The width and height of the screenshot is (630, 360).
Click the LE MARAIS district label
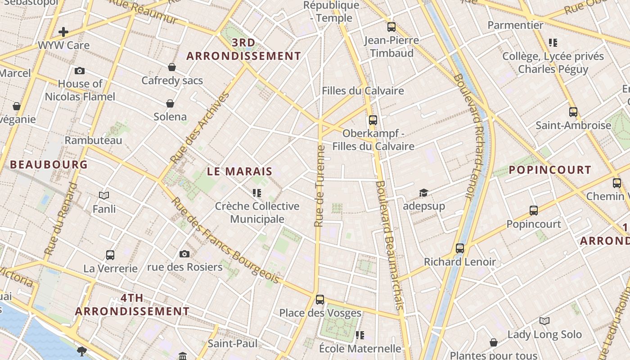[x=240, y=171]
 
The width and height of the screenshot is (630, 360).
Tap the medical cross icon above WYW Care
[x=63, y=32]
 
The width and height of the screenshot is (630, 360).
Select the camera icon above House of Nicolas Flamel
[x=80, y=71]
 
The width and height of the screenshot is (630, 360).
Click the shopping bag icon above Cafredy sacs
[x=172, y=67]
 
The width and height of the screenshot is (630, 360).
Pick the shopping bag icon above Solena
[x=170, y=104]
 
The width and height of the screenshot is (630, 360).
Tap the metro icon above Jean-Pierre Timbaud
[x=391, y=27]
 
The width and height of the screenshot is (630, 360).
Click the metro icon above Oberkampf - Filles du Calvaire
[x=373, y=120]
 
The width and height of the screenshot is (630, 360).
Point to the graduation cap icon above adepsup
[x=423, y=193]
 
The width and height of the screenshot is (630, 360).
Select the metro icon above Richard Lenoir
[x=460, y=248]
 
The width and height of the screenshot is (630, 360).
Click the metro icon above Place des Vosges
[x=320, y=300]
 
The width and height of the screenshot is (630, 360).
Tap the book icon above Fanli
[x=104, y=195]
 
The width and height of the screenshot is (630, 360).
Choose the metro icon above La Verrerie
[x=110, y=255]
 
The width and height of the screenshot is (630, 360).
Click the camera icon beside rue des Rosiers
[x=184, y=254]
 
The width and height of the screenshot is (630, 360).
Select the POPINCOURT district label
[x=550, y=170]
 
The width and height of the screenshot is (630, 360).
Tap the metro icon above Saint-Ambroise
[x=573, y=112]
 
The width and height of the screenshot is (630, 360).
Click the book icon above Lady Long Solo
[x=544, y=321]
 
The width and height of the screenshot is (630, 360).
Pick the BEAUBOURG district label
[x=49, y=165]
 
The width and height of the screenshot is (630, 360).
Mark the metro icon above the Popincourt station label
[x=534, y=211]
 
